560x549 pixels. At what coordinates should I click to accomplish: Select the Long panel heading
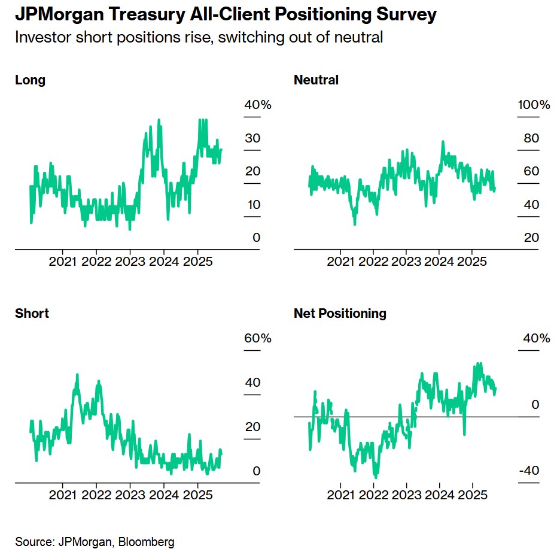point(30,80)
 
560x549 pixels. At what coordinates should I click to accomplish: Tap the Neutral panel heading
point(316,80)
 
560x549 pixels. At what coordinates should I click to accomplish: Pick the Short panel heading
point(32,313)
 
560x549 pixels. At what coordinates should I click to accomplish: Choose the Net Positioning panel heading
point(340,313)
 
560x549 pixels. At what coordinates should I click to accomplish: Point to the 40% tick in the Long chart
point(258,105)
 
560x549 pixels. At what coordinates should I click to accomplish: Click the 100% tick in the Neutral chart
point(534,105)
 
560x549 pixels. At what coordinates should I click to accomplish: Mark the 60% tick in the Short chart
point(258,338)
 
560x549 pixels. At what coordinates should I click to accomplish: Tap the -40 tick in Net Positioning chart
point(528,471)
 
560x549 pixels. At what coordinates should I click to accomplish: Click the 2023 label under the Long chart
point(129,261)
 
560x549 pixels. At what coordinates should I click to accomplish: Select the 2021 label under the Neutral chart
point(342,261)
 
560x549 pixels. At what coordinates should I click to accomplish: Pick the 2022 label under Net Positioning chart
point(375,495)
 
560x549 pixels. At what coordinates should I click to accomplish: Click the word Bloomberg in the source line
point(147,542)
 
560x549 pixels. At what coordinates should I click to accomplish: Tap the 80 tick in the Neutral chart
point(531,138)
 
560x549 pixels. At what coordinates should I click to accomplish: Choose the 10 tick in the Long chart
point(253,205)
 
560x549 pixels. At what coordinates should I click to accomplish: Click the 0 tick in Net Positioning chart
point(535,405)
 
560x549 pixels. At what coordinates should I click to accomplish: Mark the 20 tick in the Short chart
point(253,427)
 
